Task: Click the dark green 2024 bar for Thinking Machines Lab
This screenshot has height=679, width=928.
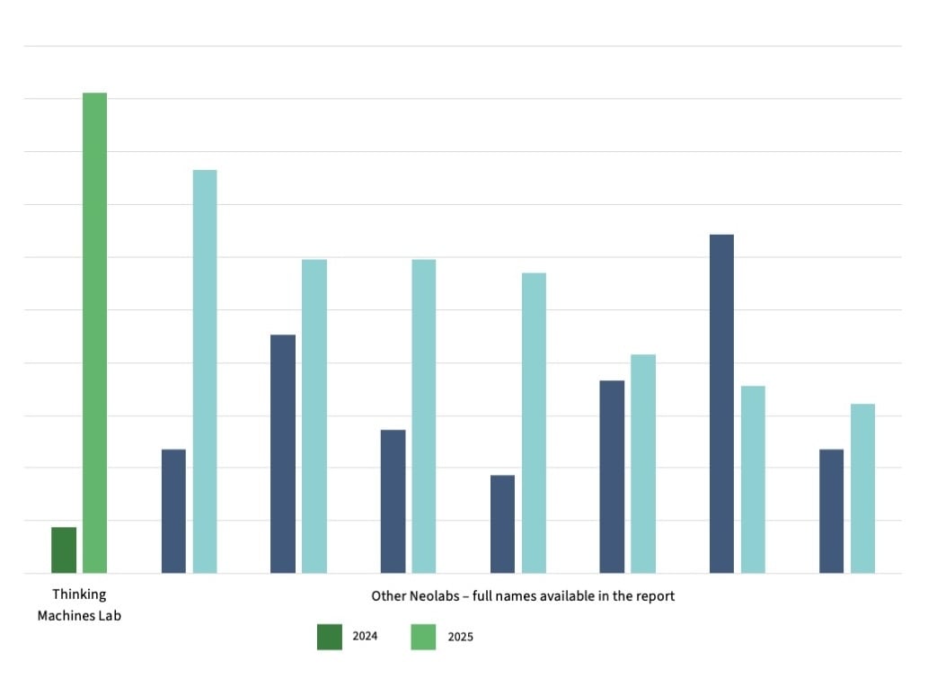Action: (64, 549)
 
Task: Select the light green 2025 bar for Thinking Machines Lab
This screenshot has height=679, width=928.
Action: (94, 333)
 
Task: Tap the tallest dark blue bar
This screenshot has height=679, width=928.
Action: (721, 404)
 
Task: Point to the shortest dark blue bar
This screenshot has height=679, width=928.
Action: (502, 523)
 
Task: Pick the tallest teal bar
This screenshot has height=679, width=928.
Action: (205, 371)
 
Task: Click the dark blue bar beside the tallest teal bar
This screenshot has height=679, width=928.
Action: (173, 511)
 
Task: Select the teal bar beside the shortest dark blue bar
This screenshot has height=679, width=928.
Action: (534, 423)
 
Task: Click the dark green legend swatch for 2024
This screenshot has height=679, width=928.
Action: (330, 636)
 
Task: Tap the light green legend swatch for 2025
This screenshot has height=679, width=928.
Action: (423, 636)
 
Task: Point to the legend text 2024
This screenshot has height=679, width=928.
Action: (365, 637)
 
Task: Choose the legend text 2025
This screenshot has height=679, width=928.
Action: (459, 637)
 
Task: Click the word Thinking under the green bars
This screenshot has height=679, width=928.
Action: (79, 594)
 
